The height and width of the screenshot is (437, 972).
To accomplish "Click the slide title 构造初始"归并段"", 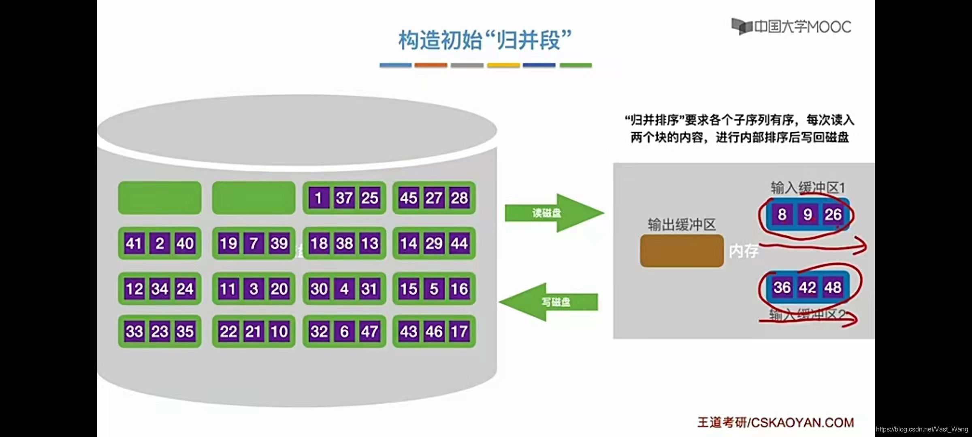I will pyautogui.click(x=485, y=40).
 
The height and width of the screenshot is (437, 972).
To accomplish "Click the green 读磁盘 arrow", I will pyautogui.click(x=554, y=213).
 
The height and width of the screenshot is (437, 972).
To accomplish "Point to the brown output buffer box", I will pyautogui.click(x=682, y=251).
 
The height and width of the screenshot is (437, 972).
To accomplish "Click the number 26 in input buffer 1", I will pyautogui.click(x=833, y=214).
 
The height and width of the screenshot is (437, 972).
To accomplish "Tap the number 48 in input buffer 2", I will pyautogui.click(x=833, y=288).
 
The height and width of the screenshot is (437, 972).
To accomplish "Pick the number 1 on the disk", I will pyautogui.click(x=318, y=198).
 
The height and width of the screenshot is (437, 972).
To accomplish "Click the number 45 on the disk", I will pyautogui.click(x=408, y=198).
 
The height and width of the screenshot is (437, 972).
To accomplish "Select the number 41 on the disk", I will pyautogui.click(x=134, y=244).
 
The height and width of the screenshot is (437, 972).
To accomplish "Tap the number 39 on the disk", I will pyautogui.click(x=279, y=244).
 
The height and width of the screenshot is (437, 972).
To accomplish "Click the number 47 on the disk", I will pyautogui.click(x=369, y=331).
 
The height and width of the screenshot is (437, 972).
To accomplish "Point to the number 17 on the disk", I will pyautogui.click(x=459, y=331).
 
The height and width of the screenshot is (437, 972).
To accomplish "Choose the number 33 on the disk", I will pyautogui.click(x=134, y=331).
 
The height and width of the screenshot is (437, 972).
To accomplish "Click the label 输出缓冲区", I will pyautogui.click(x=682, y=225).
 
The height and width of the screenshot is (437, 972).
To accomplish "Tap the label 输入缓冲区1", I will pyautogui.click(x=808, y=188).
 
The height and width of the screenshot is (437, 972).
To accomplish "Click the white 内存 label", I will pyautogui.click(x=744, y=251).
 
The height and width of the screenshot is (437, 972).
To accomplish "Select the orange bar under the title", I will pyautogui.click(x=431, y=65).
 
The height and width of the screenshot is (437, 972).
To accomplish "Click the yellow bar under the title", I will pyautogui.click(x=503, y=65).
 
